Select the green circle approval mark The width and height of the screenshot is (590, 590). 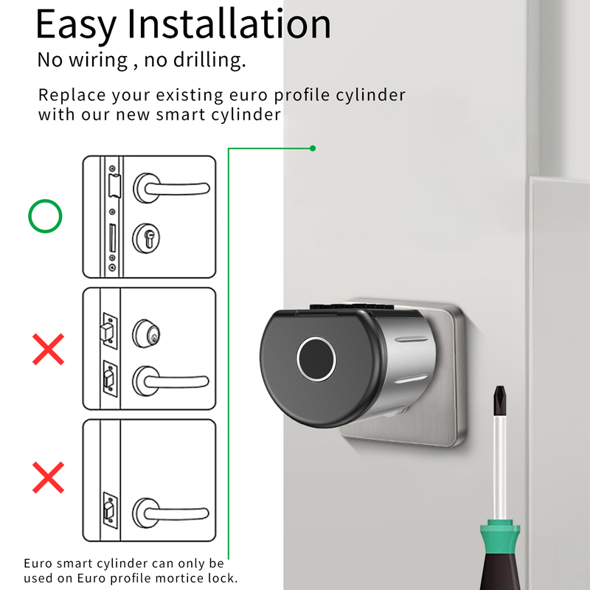coord(45,216)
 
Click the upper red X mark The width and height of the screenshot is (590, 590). coord(49,349)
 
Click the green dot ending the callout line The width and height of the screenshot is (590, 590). coord(313,148)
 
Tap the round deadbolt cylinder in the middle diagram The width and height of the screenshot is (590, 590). coord(147,333)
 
